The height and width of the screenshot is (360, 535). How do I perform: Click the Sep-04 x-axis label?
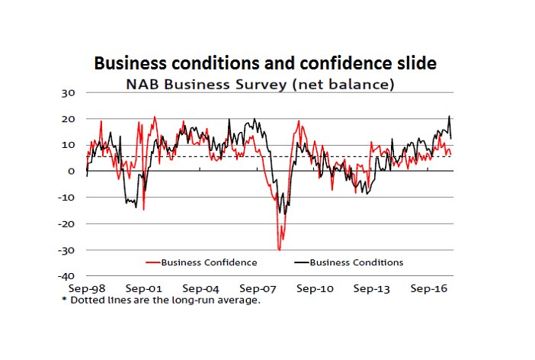200,290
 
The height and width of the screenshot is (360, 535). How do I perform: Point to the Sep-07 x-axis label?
258,290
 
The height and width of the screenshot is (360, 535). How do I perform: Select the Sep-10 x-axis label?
315,290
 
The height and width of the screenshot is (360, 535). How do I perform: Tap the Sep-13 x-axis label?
372,290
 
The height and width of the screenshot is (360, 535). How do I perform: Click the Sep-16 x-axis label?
429,290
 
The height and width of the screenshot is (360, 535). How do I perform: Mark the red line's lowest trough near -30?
279,249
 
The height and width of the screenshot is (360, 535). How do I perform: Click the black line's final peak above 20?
449,117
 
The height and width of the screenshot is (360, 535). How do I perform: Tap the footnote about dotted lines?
161,300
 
